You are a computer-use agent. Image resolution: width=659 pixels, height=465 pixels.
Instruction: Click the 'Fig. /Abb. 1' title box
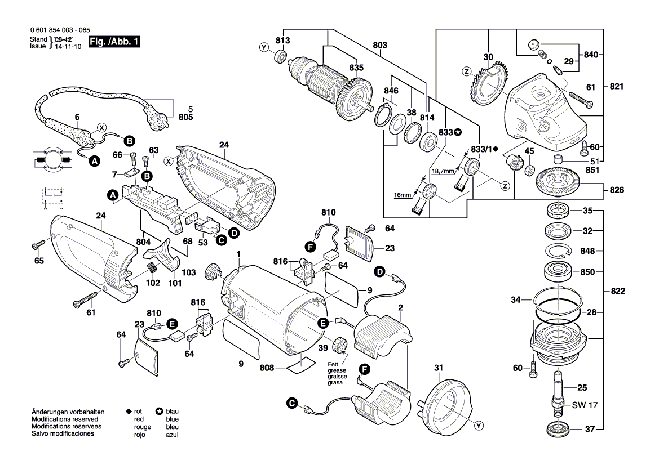[114, 43]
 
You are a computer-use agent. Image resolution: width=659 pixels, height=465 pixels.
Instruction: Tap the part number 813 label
[282, 41]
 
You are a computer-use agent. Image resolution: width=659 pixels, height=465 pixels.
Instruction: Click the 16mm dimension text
[403, 194]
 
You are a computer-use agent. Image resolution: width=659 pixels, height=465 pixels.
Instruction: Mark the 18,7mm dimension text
[443, 171]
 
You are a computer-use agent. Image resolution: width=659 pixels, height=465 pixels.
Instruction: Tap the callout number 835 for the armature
[356, 68]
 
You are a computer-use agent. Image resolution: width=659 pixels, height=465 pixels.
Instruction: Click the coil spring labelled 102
[153, 269]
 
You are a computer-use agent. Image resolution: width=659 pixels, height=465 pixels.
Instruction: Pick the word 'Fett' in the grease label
[334, 364]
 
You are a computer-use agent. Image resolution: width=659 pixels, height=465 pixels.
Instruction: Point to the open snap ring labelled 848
[558, 251]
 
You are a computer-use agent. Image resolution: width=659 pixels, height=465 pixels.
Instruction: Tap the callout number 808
[267, 368]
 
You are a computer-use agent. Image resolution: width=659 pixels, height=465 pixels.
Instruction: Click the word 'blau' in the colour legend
[173, 412]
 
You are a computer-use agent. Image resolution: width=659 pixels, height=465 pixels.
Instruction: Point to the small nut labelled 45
[529, 170]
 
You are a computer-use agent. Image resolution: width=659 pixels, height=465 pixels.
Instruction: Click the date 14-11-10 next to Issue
[67, 47]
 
